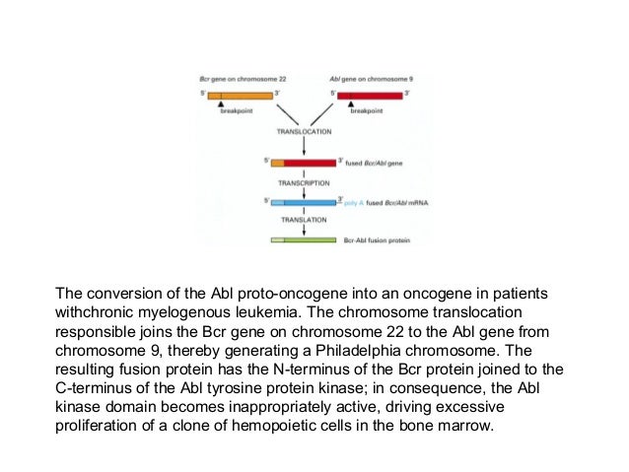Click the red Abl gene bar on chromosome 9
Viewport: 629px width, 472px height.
370,95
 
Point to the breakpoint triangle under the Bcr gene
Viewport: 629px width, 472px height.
222,104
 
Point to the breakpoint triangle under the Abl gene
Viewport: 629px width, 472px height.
352,104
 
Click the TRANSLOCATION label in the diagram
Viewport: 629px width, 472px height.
304,130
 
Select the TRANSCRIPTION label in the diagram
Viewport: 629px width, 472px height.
304,182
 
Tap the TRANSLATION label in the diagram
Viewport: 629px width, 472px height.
304,221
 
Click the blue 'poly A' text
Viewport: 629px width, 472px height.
354,201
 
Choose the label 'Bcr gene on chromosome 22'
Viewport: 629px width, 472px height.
233,78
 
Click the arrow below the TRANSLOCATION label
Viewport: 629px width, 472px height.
304,146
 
